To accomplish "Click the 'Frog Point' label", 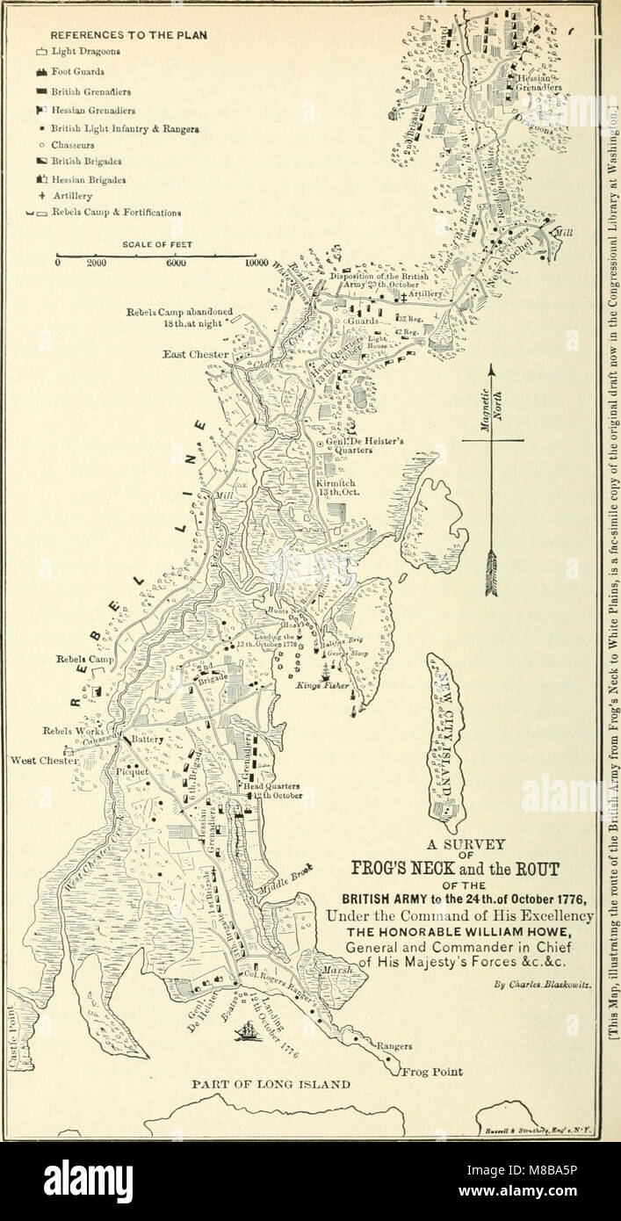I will coord(433,1071).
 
